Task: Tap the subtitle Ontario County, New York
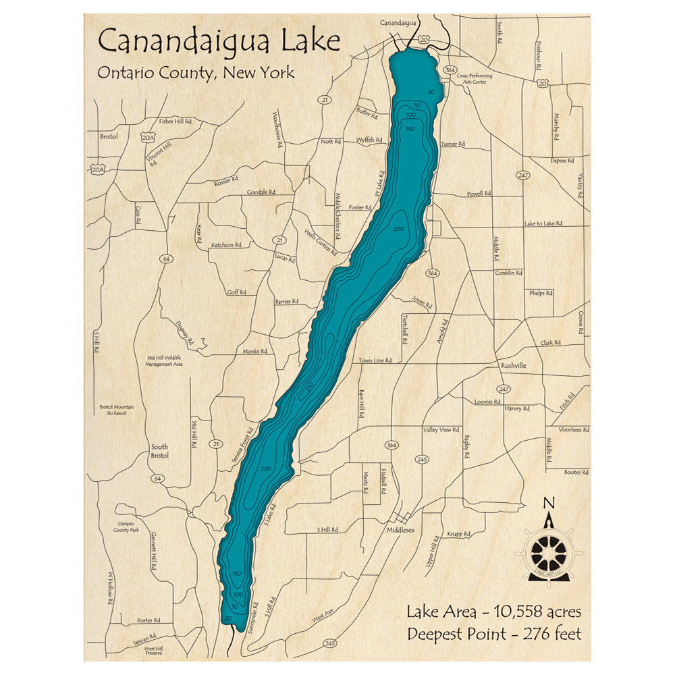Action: pyautogui.click(x=196, y=73)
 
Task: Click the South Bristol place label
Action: pyautogui.click(x=159, y=451)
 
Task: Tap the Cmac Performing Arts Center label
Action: pyautogui.click(x=475, y=79)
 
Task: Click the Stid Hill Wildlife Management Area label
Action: pyautogui.click(x=165, y=360)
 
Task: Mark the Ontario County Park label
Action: pyautogui.click(x=128, y=527)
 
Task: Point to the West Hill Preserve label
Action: pyautogui.click(x=154, y=651)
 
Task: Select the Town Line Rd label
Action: pyautogui.click(x=375, y=360)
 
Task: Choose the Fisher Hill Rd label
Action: pyautogui.click(x=175, y=122)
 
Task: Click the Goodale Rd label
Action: pyautogui.click(x=261, y=192)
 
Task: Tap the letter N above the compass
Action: pyautogui.click(x=549, y=503)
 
